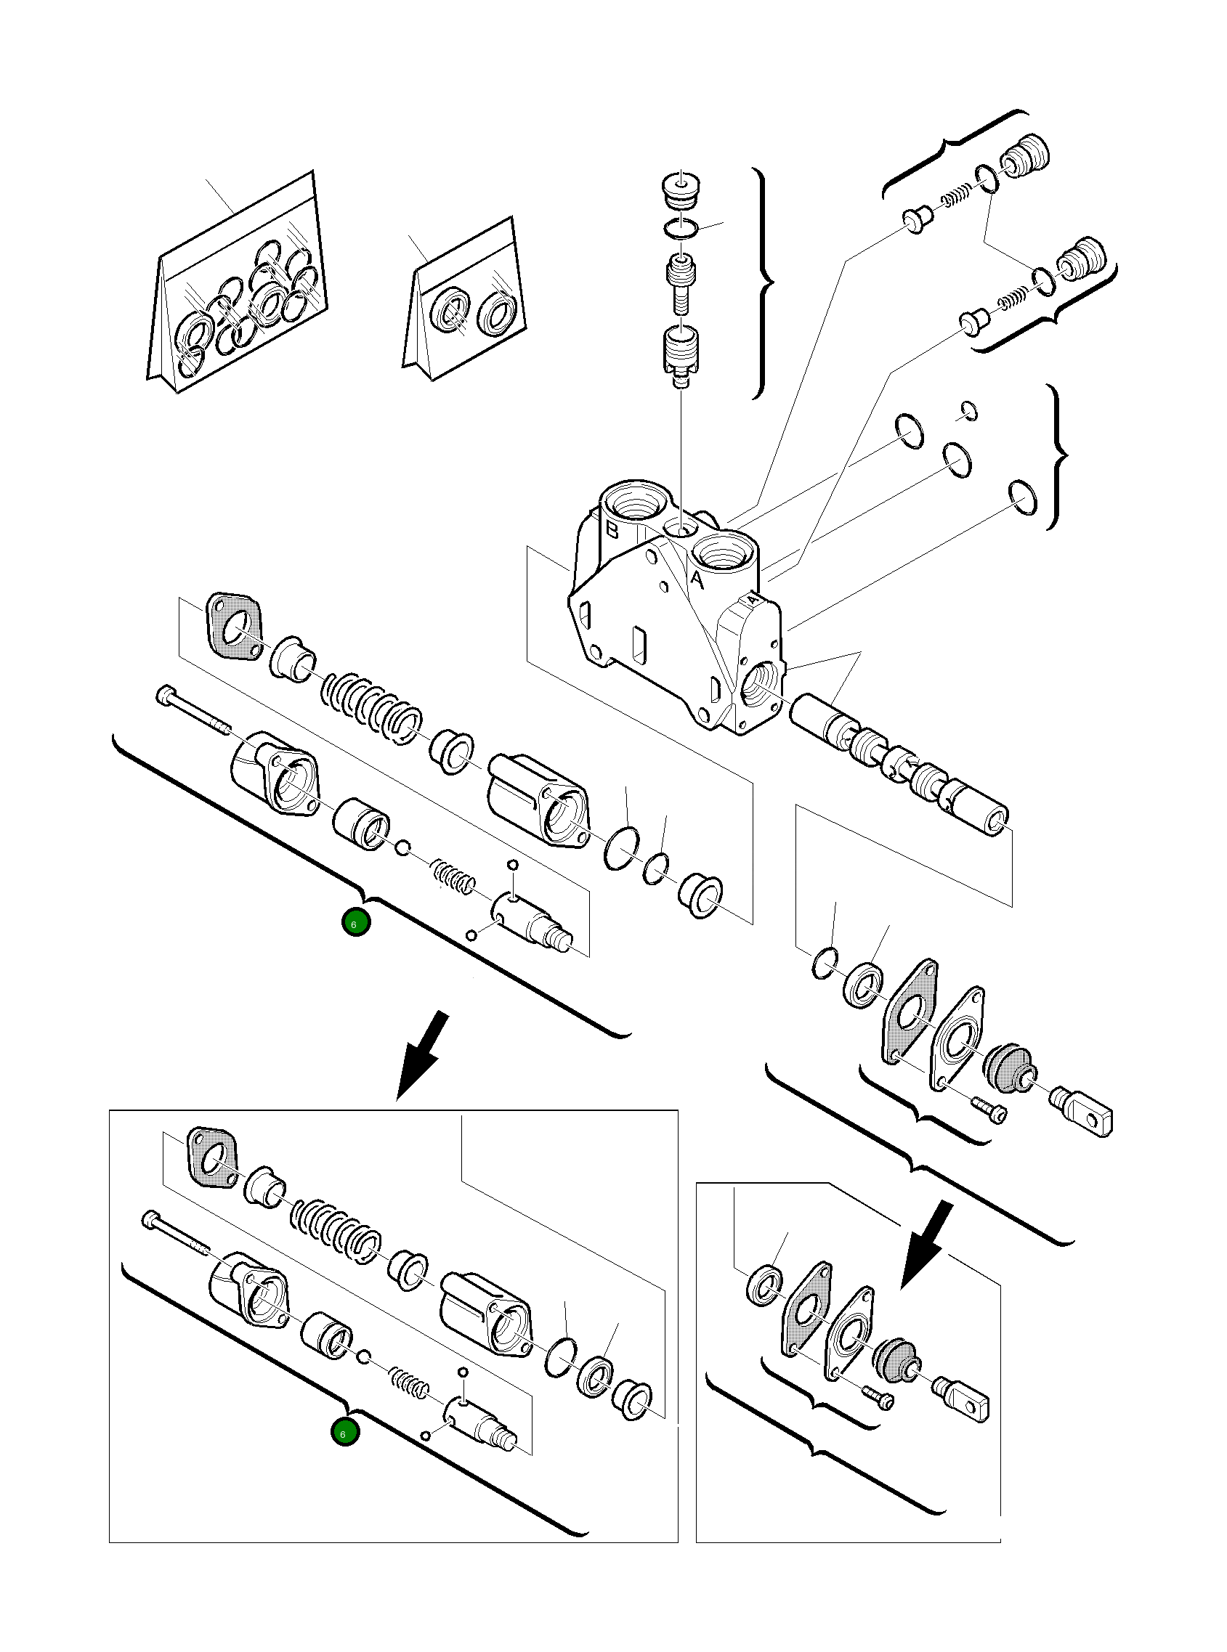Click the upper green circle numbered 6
point(355,923)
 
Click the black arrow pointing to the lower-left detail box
point(423,1054)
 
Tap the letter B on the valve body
point(612,529)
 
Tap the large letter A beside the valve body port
point(697,579)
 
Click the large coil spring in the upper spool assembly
point(371,707)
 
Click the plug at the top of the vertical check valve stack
point(681,191)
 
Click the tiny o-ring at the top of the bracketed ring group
point(969,410)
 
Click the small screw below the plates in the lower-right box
point(880,1399)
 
